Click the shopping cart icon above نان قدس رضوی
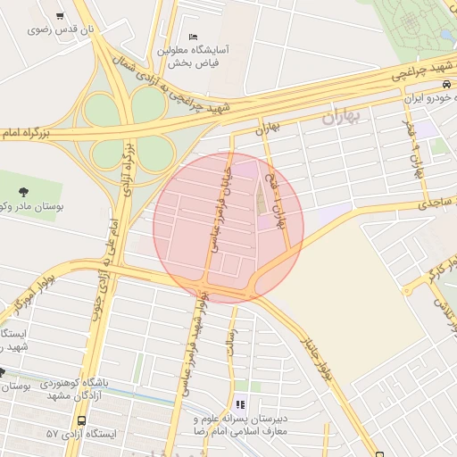tap(59, 16)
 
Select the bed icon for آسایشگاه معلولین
tap(194, 37)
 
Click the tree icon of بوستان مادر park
tap(23, 190)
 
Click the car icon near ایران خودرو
tap(445, 83)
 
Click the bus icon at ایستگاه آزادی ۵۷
tap(82, 420)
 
